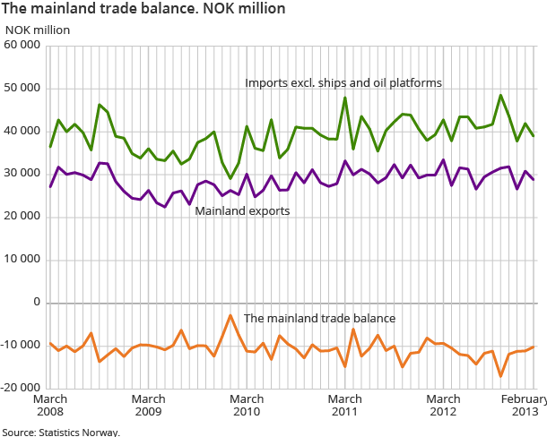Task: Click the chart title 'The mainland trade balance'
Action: coord(143,9)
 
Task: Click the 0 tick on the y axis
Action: coord(38,303)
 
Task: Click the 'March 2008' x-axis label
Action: coord(49,406)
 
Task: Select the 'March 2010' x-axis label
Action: coord(247,406)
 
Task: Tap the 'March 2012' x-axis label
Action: coord(443,406)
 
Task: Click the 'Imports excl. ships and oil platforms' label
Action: coord(343,83)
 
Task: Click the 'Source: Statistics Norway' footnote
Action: coord(60,431)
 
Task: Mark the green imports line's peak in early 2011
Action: coord(345,98)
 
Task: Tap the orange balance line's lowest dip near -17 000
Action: coord(500,376)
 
